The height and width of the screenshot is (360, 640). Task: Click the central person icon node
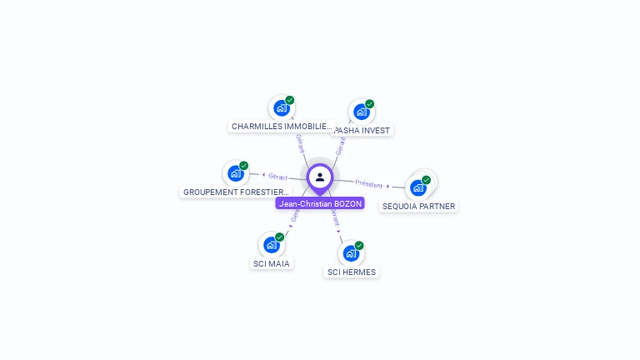point(320,177)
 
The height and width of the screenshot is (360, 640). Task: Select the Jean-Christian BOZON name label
point(320,203)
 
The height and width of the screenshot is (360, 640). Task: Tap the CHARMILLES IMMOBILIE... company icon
point(282,108)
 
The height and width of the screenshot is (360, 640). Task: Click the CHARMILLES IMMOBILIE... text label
point(282,127)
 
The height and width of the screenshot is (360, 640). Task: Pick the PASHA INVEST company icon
point(361,112)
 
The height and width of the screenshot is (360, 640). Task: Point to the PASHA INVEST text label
point(362,131)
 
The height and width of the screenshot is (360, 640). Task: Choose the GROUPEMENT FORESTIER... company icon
point(236,173)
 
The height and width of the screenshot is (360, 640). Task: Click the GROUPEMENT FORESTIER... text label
point(237,192)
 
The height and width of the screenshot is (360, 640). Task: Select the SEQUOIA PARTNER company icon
point(418,187)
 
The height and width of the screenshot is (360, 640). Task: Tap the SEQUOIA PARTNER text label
point(419,206)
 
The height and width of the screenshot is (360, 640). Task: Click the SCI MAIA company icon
point(271,245)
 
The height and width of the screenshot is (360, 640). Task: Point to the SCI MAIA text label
point(272,264)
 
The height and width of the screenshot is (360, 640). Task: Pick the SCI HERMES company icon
point(351,253)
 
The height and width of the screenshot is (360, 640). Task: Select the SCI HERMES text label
point(352,272)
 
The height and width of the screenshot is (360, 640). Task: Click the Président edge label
point(369,183)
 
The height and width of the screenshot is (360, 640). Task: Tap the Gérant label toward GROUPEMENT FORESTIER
point(277,177)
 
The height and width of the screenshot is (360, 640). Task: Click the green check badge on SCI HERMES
point(359,246)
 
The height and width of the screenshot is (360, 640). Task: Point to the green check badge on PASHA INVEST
point(369,104)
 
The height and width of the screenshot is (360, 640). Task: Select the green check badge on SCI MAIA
point(279,237)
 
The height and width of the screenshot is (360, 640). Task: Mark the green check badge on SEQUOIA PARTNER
point(426,180)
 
